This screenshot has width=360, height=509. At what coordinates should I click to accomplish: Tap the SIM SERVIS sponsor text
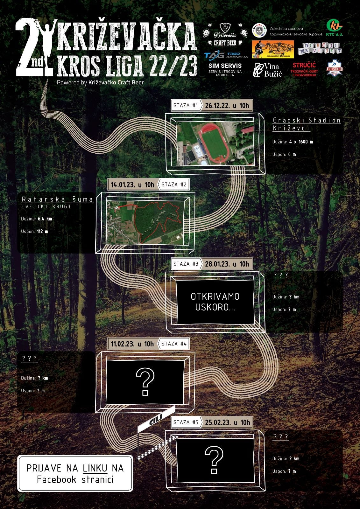pos(225,66)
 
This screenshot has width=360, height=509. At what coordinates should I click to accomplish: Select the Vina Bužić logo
pos(268,70)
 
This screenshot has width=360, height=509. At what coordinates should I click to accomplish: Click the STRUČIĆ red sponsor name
pos(304,66)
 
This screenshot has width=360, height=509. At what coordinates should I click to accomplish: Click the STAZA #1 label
pos(186,106)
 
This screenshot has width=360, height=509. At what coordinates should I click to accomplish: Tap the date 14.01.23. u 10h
pos(132,185)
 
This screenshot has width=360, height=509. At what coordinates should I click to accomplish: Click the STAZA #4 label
pos(174,344)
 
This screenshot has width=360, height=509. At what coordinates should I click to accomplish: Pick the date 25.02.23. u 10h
pos(228,422)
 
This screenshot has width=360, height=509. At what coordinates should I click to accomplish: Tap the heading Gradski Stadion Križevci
pos(307,124)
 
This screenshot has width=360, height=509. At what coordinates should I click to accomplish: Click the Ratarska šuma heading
pos(57,199)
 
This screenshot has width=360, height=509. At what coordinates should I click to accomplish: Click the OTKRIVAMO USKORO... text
pos(215,302)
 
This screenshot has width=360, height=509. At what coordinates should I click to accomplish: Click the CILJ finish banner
pos(156,419)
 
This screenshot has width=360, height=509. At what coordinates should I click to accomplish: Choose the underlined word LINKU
pos(95,468)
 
